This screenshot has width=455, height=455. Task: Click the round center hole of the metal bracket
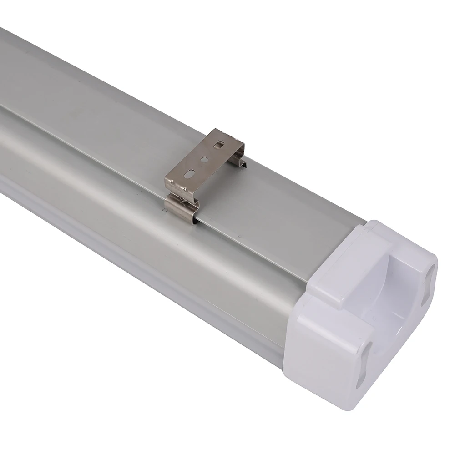click(204, 160)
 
